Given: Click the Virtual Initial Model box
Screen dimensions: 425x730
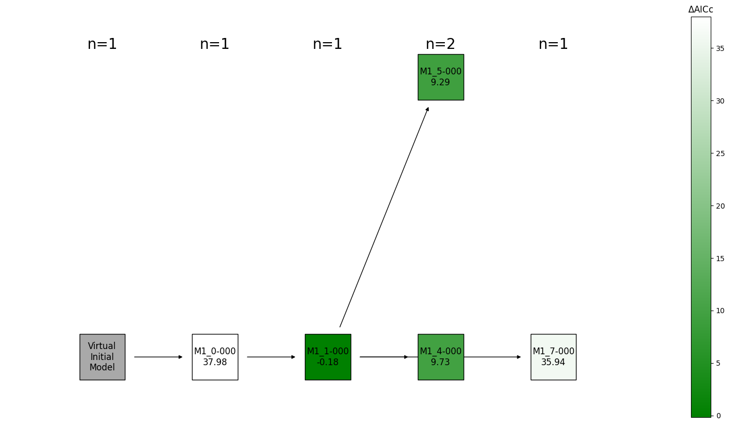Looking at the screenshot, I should [102, 357].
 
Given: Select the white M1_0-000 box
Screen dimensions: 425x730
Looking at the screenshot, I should [214, 357].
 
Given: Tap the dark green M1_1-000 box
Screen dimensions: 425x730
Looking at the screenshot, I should [327, 357].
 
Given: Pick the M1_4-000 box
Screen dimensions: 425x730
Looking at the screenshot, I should [440, 357].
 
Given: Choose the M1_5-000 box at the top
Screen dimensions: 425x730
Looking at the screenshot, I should [440, 77].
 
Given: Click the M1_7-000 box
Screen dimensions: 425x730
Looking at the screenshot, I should [553, 357].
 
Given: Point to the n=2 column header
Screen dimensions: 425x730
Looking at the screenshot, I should [440, 44].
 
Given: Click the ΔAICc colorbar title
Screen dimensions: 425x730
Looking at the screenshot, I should [700, 9].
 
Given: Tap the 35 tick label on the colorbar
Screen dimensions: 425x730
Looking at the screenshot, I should [720, 48].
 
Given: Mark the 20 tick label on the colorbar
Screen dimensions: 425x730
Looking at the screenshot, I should [720, 205].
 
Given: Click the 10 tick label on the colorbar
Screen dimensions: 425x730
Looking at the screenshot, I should [720, 311].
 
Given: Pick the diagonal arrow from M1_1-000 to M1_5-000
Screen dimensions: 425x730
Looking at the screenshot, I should [384, 217].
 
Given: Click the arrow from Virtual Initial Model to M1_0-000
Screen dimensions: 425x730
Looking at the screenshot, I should [158, 357].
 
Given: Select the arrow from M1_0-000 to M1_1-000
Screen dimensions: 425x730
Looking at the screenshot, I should [271, 357].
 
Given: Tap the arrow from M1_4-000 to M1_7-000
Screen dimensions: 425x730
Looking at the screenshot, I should [492, 357].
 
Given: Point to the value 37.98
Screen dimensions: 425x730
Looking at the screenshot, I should [214, 362].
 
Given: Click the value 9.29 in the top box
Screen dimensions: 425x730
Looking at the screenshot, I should [440, 82].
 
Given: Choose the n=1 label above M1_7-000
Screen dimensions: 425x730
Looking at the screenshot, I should [553, 44].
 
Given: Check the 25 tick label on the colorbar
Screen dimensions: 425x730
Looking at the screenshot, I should [720, 153].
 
